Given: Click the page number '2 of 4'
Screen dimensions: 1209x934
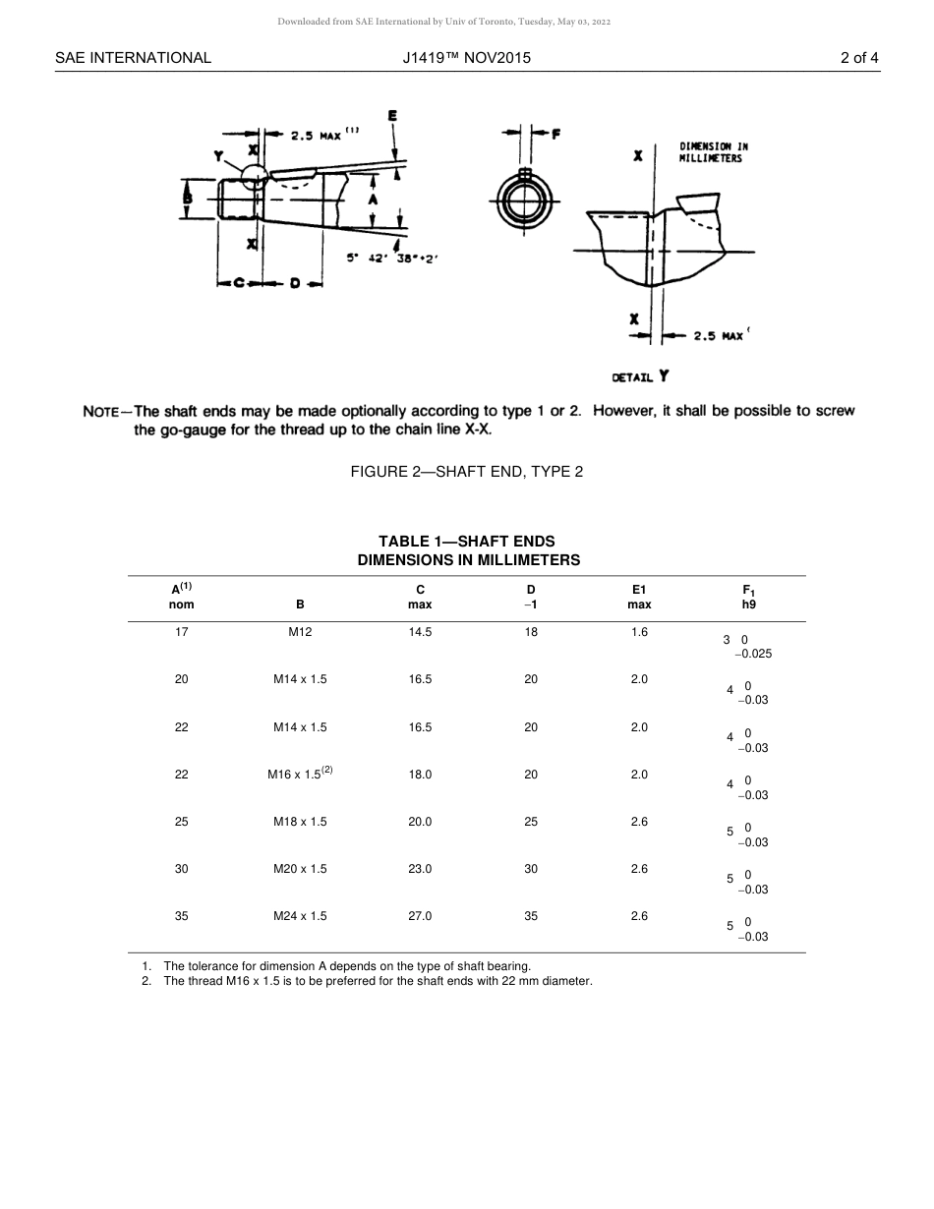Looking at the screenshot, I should (858, 58).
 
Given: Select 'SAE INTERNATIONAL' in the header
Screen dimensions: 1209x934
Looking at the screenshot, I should (133, 58).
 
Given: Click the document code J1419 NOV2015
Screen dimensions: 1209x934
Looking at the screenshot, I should (466, 58).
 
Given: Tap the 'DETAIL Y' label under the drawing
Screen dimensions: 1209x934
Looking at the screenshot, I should (640, 376).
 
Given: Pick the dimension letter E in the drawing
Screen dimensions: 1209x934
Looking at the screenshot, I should (393, 116).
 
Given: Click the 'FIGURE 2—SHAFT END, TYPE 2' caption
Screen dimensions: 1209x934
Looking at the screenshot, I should (466, 472).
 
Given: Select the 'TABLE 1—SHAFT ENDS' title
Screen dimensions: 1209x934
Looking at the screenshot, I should (466, 542).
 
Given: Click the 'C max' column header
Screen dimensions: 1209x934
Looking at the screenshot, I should (420, 598).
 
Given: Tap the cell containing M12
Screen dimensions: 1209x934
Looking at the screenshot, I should (300, 633).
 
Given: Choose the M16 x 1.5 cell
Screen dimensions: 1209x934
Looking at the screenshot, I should (300, 775).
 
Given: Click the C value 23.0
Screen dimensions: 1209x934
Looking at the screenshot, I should (420, 869).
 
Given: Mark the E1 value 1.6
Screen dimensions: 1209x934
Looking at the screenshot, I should (639, 633).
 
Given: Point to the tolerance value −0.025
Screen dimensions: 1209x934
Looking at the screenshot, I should (753, 654).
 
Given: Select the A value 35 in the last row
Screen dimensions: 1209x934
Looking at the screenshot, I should (182, 916).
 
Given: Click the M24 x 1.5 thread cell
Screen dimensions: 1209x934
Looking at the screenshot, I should (300, 916).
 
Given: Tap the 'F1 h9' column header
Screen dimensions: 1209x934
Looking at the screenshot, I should (748, 598).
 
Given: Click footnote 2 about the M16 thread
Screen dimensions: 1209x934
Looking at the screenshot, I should (378, 981).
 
